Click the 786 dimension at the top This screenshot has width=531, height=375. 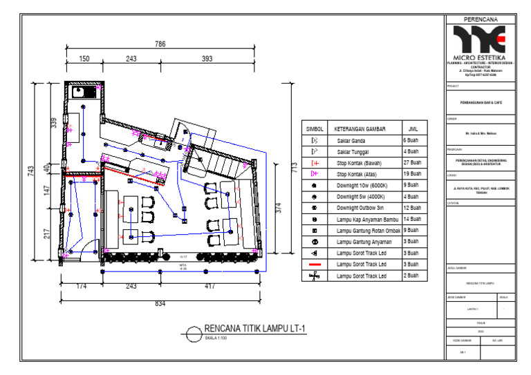[160, 44]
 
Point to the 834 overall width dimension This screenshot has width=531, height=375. [160, 303]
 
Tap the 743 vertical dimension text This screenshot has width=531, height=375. [31, 171]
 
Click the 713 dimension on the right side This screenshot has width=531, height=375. [294, 167]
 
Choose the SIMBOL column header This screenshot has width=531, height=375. [315, 129]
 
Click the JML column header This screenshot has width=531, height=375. [413, 129]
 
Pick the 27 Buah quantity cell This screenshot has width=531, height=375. [413, 163]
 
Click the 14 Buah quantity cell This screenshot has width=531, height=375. [413, 219]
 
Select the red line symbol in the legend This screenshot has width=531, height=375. [315, 265]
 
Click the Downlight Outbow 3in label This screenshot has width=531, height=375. [360, 208]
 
